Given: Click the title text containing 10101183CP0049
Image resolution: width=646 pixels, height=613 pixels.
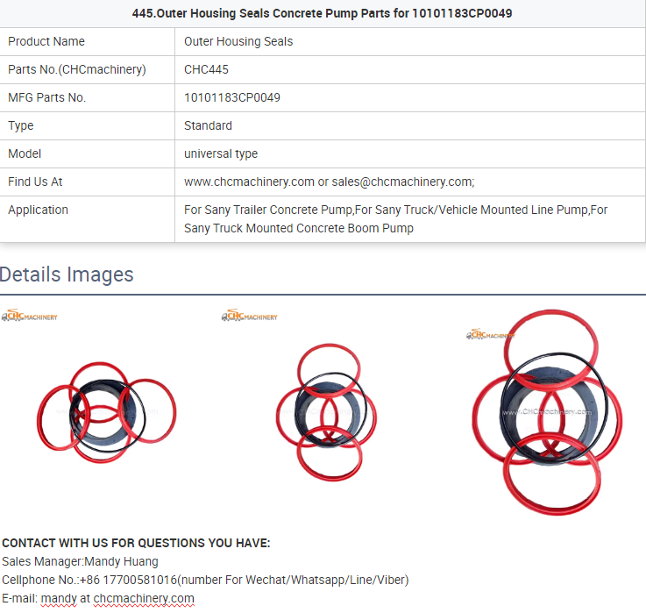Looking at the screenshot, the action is coord(322,13).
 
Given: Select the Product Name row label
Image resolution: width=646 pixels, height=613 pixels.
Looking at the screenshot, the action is coord(46,41).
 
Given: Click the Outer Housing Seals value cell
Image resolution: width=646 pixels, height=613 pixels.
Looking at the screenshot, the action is coord(238,41).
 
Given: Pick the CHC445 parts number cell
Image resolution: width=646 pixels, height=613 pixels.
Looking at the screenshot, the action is coord(206,69).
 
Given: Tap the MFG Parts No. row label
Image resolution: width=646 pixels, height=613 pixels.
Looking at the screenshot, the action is coord(46,97).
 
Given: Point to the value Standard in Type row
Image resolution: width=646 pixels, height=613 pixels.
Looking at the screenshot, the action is coord(208,125).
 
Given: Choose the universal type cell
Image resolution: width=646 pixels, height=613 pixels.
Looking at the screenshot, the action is coord(220,153).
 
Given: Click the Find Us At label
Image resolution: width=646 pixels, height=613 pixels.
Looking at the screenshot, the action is coord(35,182).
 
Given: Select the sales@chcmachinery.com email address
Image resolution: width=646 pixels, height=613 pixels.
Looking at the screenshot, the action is coord(401,182).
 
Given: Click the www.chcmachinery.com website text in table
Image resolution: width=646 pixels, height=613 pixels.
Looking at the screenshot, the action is coord(249,182).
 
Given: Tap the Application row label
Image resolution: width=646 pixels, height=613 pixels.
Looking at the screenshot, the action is coord(38,210).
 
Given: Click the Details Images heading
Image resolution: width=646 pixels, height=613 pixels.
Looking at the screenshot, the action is coord(67,274).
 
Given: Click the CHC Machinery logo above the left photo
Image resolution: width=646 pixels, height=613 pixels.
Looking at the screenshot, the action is coord(29,316).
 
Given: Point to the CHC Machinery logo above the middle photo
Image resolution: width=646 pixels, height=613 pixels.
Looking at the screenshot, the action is coord(249,316).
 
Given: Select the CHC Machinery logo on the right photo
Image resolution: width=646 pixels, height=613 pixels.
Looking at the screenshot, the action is coord(490,334).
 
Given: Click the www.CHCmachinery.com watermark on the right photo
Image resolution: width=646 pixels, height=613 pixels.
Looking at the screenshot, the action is coord(547,411).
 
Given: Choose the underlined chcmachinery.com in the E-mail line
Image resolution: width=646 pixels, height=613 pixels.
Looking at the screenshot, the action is coord(144,598).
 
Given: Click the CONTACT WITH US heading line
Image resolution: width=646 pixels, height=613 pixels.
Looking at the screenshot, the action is coord(136,543).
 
